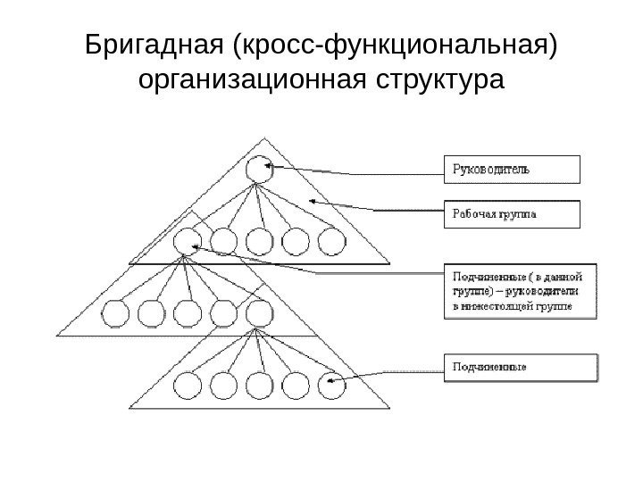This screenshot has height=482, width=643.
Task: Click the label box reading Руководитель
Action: click(512, 169)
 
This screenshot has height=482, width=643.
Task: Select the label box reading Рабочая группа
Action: click(512, 214)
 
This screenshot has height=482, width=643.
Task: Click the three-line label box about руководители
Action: click(520, 291)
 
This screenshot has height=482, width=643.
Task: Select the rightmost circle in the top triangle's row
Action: click(330, 240)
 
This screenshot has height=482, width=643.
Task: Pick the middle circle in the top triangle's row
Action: click(259, 240)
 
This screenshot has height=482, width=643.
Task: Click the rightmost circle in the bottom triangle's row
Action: click(330, 386)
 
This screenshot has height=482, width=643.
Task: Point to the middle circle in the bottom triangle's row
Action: click(259, 386)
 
